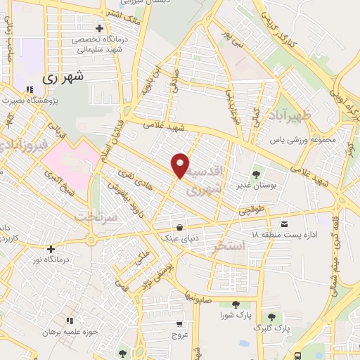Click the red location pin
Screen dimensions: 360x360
point(181,165)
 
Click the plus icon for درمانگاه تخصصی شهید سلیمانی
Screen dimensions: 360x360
point(100,30)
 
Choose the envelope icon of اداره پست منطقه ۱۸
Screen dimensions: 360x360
point(283,225)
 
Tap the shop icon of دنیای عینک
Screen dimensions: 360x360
point(181,228)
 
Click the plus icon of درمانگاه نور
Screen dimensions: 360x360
point(51,248)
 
